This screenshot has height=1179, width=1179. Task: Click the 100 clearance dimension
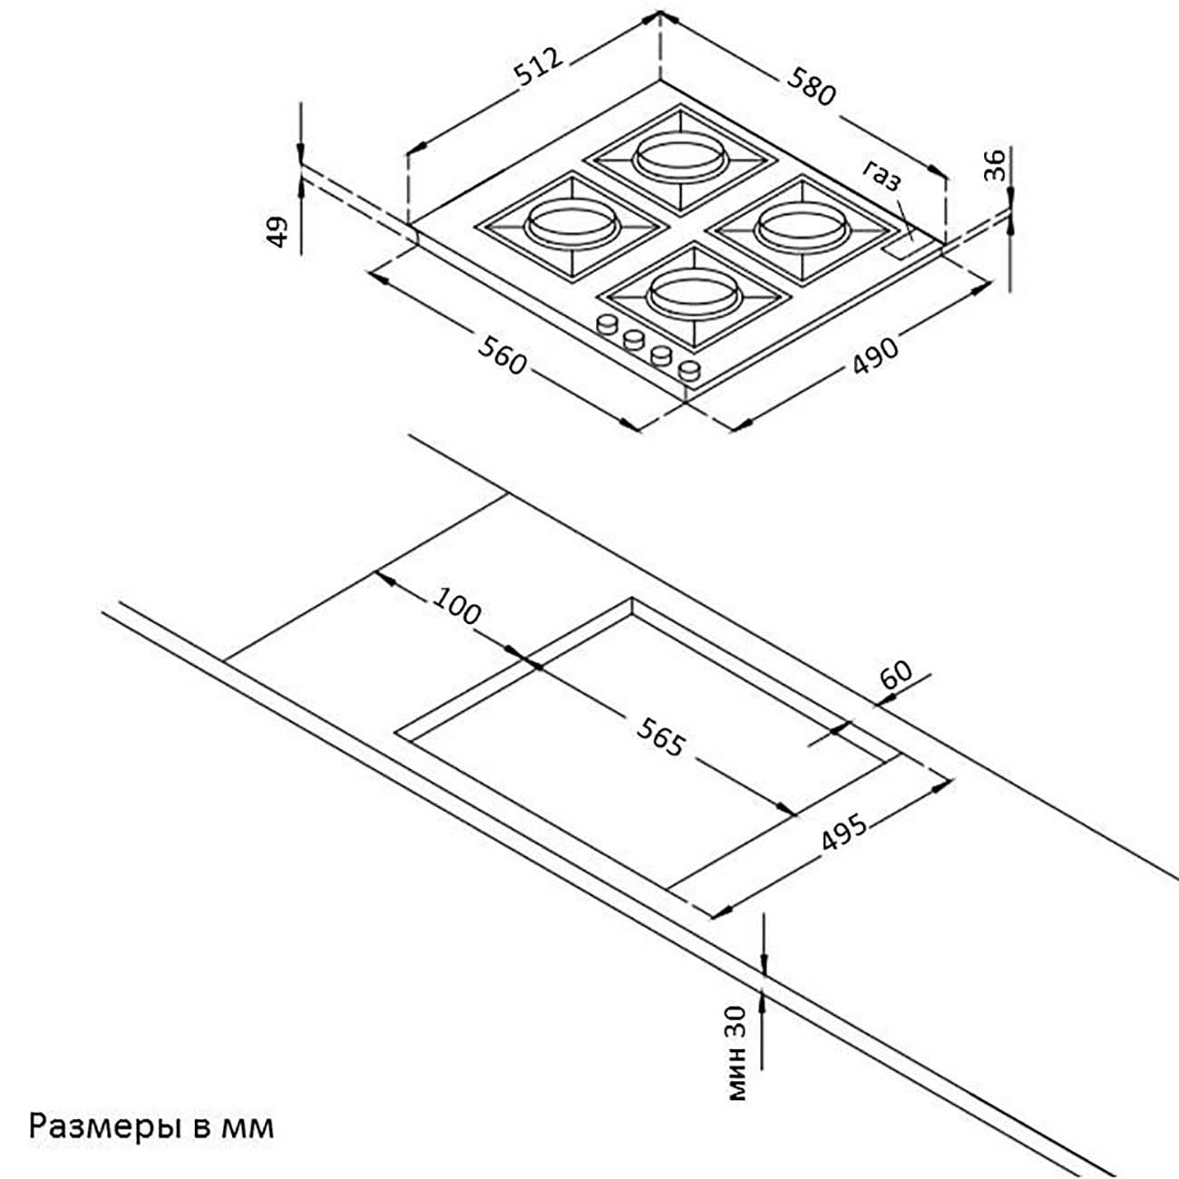coord(457,606)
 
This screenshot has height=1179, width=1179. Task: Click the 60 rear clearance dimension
coord(895,676)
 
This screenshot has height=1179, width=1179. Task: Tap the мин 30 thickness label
coord(740,1052)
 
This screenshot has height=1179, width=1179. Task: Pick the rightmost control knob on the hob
coord(689,369)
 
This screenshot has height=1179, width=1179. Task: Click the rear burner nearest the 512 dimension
coord(680,156)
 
